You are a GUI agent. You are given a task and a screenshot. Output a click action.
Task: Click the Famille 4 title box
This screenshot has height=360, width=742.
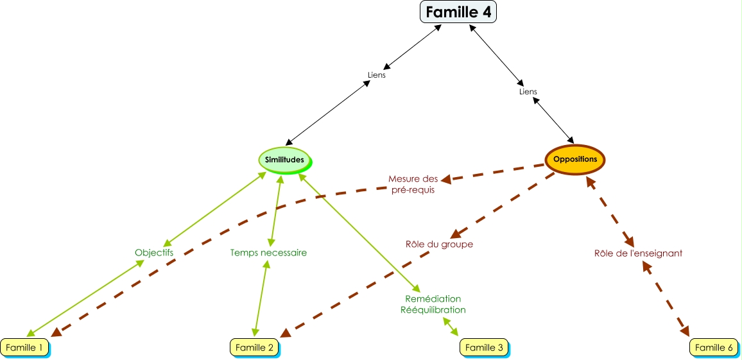tap(458, 12)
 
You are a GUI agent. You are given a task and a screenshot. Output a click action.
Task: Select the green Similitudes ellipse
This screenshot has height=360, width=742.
tap(284, 159)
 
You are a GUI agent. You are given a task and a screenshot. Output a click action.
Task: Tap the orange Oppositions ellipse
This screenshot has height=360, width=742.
tap(575, 159)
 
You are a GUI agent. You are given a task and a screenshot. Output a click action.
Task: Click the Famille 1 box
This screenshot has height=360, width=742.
tap(25, 347)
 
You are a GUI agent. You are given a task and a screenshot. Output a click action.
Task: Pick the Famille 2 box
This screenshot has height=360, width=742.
tap(255, 347)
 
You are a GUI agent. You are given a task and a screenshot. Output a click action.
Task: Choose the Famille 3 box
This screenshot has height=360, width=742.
tap(484, 347)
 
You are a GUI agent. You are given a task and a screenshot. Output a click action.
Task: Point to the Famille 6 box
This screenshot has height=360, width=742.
tap(714, 347)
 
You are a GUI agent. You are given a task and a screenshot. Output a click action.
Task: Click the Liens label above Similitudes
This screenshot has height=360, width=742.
tap(377, 75)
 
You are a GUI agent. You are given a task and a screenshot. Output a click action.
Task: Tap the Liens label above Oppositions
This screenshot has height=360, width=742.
tap(528, 92)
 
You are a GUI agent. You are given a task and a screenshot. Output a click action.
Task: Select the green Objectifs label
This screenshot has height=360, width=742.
tap(154, 253)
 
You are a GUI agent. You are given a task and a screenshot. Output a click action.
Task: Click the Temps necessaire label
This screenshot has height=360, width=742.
tap(268, 253)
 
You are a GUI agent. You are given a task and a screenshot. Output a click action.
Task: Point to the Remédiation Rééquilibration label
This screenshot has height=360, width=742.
tap(433, 304)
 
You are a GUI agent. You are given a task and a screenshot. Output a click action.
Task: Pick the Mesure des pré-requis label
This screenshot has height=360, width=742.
tap(413, 184)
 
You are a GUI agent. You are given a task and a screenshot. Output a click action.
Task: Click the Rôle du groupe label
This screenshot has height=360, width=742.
tap(439, 244)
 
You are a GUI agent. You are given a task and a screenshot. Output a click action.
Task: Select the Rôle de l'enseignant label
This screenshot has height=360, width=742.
tap(638, 253)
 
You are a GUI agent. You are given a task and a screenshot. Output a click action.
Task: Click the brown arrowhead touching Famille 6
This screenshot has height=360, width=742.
tap(685, 331)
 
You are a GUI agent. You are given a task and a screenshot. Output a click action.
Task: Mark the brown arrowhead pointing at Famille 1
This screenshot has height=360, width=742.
tap(56, 332)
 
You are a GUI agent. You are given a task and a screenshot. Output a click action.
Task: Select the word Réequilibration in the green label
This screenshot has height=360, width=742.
tap(433, 310)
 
